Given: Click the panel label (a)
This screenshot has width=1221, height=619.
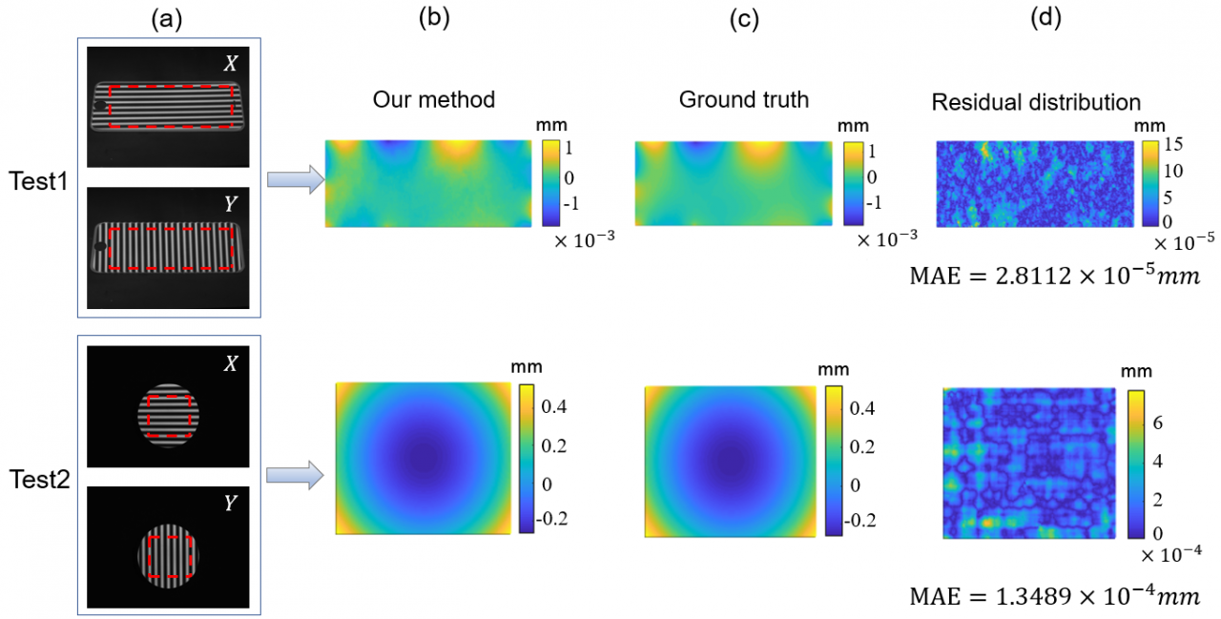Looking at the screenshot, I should tap(169, 18).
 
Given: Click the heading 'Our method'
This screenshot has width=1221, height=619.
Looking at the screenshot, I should tap(434, 99).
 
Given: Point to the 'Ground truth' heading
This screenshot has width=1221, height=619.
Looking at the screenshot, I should tap(743, 99).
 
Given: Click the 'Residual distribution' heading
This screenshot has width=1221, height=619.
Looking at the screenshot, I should tap(1036, 101).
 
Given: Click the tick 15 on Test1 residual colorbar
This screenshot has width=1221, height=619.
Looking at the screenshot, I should tap(1174, 145).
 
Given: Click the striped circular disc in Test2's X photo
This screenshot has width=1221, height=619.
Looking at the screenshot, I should tap(168, 413).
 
